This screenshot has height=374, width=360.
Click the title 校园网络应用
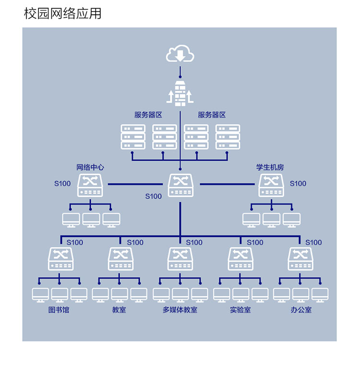point(63,13)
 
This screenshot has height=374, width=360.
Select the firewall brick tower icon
point(180,93)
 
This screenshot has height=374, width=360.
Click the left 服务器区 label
point(148,115)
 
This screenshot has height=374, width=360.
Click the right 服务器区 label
point(212,115)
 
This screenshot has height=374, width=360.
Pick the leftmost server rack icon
point(133,137)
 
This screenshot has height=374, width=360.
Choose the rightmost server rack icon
point(228,137)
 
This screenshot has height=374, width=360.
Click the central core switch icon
point(180,185)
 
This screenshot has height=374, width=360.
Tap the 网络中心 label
point(90,167)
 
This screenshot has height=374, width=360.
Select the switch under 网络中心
point(90,185)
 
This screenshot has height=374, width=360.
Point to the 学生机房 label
point(270,167)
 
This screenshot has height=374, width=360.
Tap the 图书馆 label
point(59,310)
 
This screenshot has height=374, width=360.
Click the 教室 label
point(119,310)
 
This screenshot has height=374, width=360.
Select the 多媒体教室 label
point(180,310)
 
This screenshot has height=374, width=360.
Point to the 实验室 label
point(240,310)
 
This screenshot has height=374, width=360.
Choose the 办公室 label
point(300,310)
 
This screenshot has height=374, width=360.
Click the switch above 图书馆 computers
point(60,258)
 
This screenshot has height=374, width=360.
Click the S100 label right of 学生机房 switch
point(298,183)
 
